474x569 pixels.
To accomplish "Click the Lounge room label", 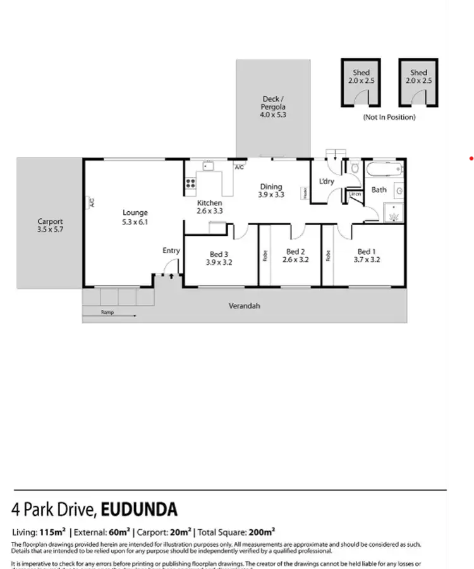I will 135,213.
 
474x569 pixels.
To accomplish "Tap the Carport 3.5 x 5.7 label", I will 50,221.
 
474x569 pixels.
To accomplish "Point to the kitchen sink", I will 208,167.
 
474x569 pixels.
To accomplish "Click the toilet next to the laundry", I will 355,169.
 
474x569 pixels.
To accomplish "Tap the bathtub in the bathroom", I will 384,169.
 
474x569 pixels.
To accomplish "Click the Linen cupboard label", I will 355,194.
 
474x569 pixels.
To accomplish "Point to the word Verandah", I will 244,306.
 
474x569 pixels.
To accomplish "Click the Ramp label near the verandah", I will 107,312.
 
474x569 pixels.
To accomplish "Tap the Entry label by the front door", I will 171,250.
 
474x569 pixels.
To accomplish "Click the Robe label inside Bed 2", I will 264,257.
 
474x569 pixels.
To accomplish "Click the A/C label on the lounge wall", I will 91,203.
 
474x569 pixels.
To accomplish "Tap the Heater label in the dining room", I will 305,192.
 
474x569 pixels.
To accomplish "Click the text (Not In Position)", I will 389,118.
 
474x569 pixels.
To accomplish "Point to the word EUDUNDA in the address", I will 140,510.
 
